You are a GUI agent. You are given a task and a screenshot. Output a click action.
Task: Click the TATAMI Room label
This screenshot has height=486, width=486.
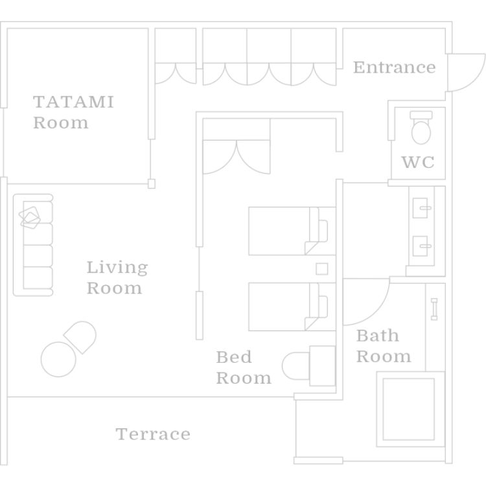[x=73, y=112]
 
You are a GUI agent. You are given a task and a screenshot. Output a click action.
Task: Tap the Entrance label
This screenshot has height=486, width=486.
[x=394, y=67]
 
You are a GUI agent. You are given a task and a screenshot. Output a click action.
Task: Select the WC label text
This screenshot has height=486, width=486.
[x=418, y=162]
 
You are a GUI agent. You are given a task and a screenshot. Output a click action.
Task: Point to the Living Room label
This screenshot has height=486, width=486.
[x=117, y=277]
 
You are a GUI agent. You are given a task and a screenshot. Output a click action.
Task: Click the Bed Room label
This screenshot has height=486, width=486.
[x=243, y=367]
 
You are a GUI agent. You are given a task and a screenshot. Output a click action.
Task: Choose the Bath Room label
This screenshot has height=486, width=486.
[x=384, y=346]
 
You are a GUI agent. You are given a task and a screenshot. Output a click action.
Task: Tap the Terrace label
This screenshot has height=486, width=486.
[x=153, y=434]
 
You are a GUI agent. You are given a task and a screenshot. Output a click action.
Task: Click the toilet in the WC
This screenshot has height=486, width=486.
[x=421, y=128]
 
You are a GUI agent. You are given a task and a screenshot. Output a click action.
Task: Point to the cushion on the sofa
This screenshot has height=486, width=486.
[x=31, y=216]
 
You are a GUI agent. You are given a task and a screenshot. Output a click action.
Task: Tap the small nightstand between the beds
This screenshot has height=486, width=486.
[x=321, y=268]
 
